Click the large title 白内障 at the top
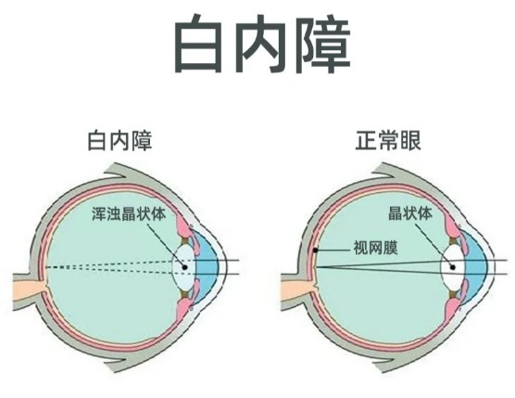click(262, 44)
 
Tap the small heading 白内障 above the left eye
click(119, 141)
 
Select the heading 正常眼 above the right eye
click(388, 141)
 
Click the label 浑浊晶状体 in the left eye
click(129, 213)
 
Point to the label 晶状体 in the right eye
click(410, 213)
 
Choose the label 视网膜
click(375, 248)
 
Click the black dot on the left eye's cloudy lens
click(184, 267)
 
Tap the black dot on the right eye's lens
click(453, 267)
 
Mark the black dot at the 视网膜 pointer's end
click(315, 250)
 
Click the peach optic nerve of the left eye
click(28, 291)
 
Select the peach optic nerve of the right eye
click(297, 291)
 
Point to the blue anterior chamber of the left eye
click(207, 267)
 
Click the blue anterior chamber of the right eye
click(475, 267)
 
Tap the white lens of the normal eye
click(453, 267)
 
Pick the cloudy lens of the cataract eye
click(184, 267)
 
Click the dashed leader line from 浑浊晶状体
click(166, 245)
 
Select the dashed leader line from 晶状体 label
click(434, 245)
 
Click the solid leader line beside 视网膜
click(333, 250)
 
